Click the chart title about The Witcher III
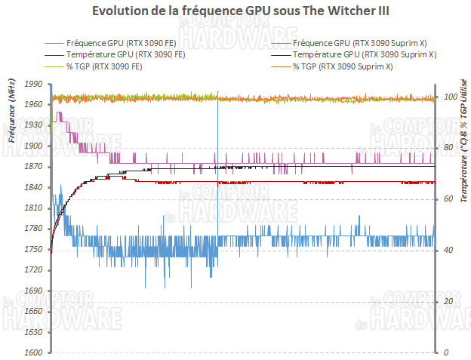[x=235, y=11]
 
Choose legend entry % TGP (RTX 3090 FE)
[x=104, y=67]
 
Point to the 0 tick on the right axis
[x=444, y=352]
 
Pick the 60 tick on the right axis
[x=446, y=198]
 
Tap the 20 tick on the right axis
[x=446, y=301]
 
